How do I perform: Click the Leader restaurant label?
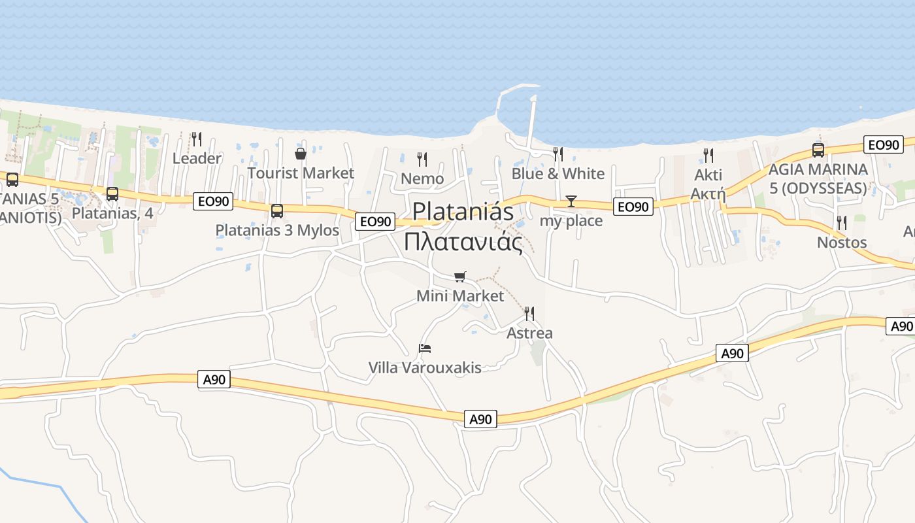pos(197,158)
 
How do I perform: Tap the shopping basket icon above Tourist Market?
pos(301,154)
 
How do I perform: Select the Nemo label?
pos(422,178)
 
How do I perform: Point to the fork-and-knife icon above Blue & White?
pos(558,154)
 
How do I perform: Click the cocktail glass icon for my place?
pos(571,201)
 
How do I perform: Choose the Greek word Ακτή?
pos(708,193)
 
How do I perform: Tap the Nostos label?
pos(842,243)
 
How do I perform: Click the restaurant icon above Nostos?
pos(842,223)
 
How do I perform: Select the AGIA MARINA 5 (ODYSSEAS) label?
pos(818,178)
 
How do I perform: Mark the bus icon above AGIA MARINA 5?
pos(818,150)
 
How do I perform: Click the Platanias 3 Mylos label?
pos(277,230)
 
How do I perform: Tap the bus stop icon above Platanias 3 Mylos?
pos(277,211)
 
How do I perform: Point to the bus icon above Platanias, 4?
pos(112,194)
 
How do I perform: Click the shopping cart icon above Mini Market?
pos(460,277)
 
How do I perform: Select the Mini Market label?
pos(460,296)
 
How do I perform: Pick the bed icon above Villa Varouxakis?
pos(425,348)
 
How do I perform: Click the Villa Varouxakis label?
pos(425,367)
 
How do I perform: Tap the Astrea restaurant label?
pos(529,333)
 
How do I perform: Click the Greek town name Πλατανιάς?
pos(463,241)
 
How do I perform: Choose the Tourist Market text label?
pos(301,173)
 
